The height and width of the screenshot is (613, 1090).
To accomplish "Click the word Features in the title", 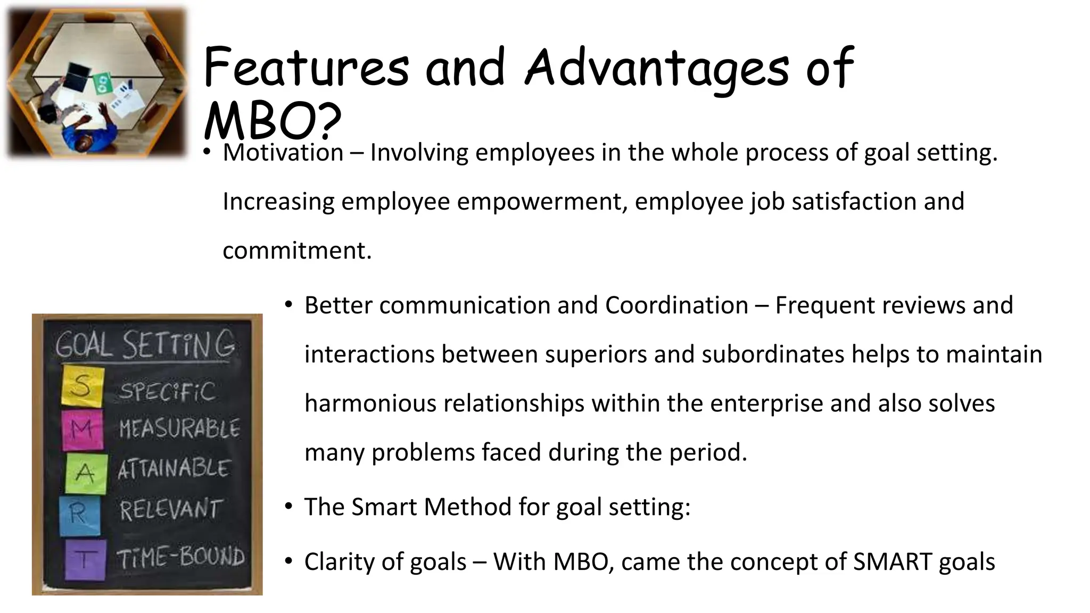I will pos(305,68).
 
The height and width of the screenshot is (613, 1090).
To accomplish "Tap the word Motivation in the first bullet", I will pos(283,153).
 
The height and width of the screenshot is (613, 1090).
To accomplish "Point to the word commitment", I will pos(296,251).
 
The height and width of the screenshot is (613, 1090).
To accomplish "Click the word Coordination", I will pos(676,305).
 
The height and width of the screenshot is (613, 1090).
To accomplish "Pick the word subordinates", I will pos(773,354).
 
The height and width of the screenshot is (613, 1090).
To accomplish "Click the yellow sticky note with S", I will pos(82,386).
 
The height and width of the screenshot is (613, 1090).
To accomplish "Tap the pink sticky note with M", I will pos(82,428).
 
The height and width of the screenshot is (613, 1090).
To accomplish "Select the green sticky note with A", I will pos(86,473).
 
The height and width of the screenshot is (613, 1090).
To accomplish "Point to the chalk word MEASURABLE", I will pos(179,428).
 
